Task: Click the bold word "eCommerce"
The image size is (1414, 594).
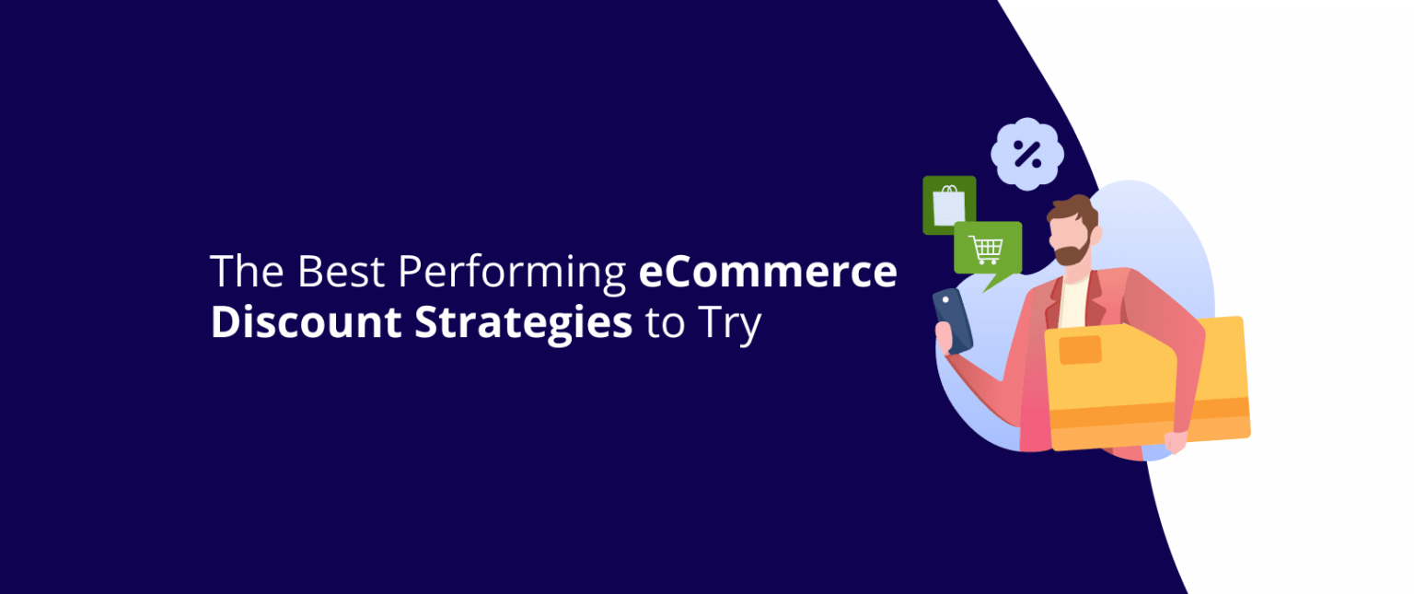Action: coord(767,273)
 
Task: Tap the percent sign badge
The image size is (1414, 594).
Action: coord(1026,154)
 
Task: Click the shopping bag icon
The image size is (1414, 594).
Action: coord(948,204)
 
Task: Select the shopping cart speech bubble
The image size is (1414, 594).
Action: coord(987,249)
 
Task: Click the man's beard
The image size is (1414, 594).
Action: coord(1073,249)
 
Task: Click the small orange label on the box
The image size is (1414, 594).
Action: coord(1080,350)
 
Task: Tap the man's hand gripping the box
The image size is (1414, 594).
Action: coord(1176,441)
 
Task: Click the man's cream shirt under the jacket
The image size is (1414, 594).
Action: coord(1073,299)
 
